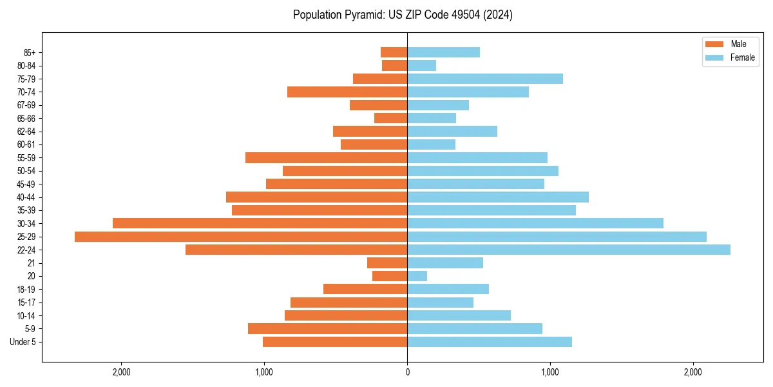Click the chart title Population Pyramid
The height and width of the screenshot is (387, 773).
[x=403, y=15]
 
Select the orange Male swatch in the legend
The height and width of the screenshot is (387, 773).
[x=715, y=45]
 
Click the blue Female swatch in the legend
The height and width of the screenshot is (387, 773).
[x=715, y=57]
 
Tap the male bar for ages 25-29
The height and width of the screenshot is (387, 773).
[x=241, y=237]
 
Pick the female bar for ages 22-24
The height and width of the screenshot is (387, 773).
[x=569, y=250]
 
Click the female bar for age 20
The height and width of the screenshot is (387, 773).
[x=417, y=276]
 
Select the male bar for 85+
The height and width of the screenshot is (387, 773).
[x=394, y=52]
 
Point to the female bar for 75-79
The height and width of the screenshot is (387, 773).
[x=485, y=79]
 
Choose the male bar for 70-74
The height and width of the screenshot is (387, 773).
[x=347, y=92]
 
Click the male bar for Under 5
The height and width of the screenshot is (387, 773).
[x=335, y=342]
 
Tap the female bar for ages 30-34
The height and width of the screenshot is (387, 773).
[x=535, y=223]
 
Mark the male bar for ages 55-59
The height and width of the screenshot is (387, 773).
[x=326, y=158]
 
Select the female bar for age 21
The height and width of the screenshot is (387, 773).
[x=445, y=263]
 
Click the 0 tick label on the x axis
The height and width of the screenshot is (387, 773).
[x=407, y=372]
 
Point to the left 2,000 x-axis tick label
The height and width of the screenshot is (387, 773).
[x=121, y=372]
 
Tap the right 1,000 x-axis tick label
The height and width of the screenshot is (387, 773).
[x=550, y=372]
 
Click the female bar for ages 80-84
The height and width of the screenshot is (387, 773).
[x=421, y=66]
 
